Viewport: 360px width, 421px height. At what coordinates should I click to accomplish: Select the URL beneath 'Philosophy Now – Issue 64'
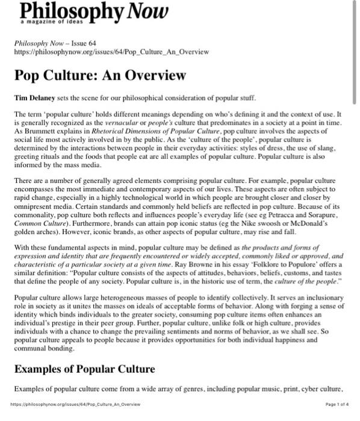click(x=112, y=52)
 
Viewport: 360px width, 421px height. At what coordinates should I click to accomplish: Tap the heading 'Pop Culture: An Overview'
click(x=100, y=76)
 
